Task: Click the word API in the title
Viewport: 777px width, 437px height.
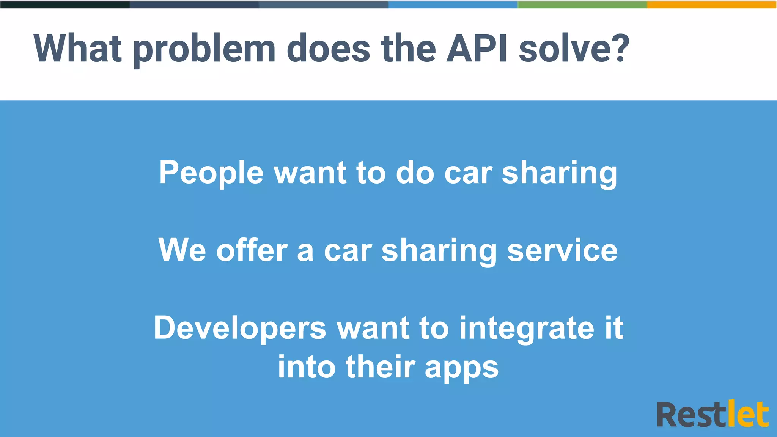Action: tap(477, 49)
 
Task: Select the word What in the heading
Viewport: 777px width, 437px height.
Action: tap(78, 49)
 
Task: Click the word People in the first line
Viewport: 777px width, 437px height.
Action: tap(211, 173)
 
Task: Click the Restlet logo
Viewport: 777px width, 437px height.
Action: tap(713, 414)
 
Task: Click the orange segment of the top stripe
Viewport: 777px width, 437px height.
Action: tap(712, 5)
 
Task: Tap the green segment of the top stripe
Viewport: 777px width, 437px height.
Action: tap(582, 5)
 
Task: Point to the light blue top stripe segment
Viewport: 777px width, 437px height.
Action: tap(453, 5)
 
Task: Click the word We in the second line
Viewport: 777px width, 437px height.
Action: tap(182, 250)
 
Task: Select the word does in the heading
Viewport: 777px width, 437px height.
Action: tap(328, 49)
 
